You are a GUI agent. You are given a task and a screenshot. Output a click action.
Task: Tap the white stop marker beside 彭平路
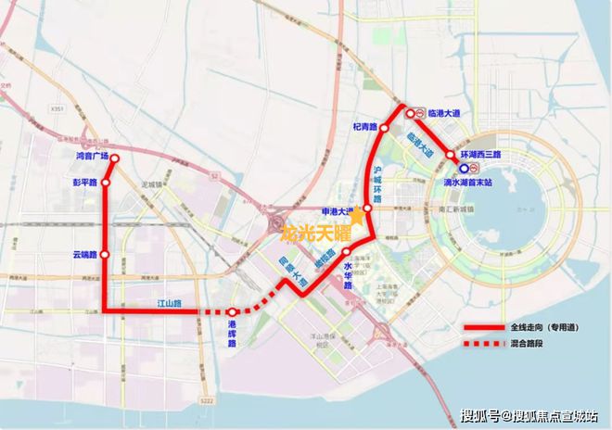coord(106,183)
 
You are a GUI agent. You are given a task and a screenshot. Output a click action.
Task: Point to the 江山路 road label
coord(169,303)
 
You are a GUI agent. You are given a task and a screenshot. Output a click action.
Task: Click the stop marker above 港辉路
coord(234,312)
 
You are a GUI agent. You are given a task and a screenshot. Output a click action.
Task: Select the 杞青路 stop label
coord(364,126)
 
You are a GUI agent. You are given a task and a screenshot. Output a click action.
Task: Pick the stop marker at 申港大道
coord(367,210)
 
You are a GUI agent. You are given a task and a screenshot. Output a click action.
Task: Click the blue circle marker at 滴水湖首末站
coord(462,170)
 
